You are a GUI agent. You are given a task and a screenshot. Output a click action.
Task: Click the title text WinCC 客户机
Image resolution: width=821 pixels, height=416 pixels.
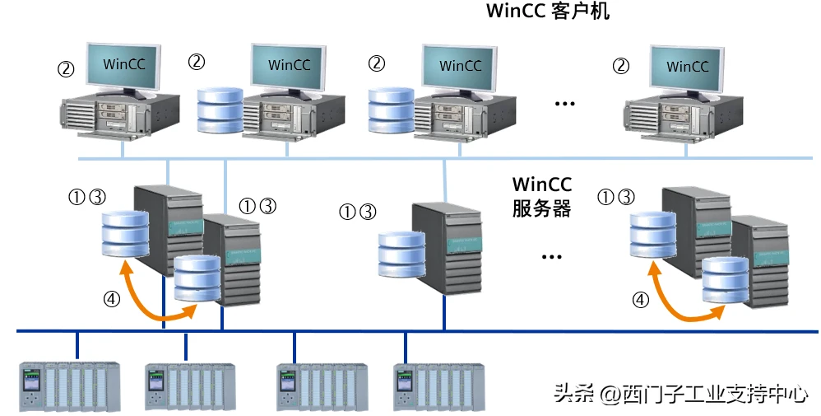click(x=548, y=12)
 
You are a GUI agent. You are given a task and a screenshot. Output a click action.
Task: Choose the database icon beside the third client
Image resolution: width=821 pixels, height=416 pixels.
click(x=390, y=110)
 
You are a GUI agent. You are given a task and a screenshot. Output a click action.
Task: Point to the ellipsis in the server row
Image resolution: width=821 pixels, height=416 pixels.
click(x=551, y=256)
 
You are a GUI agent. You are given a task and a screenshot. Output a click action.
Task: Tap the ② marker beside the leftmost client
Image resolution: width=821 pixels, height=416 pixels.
click(x=66, y=68)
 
